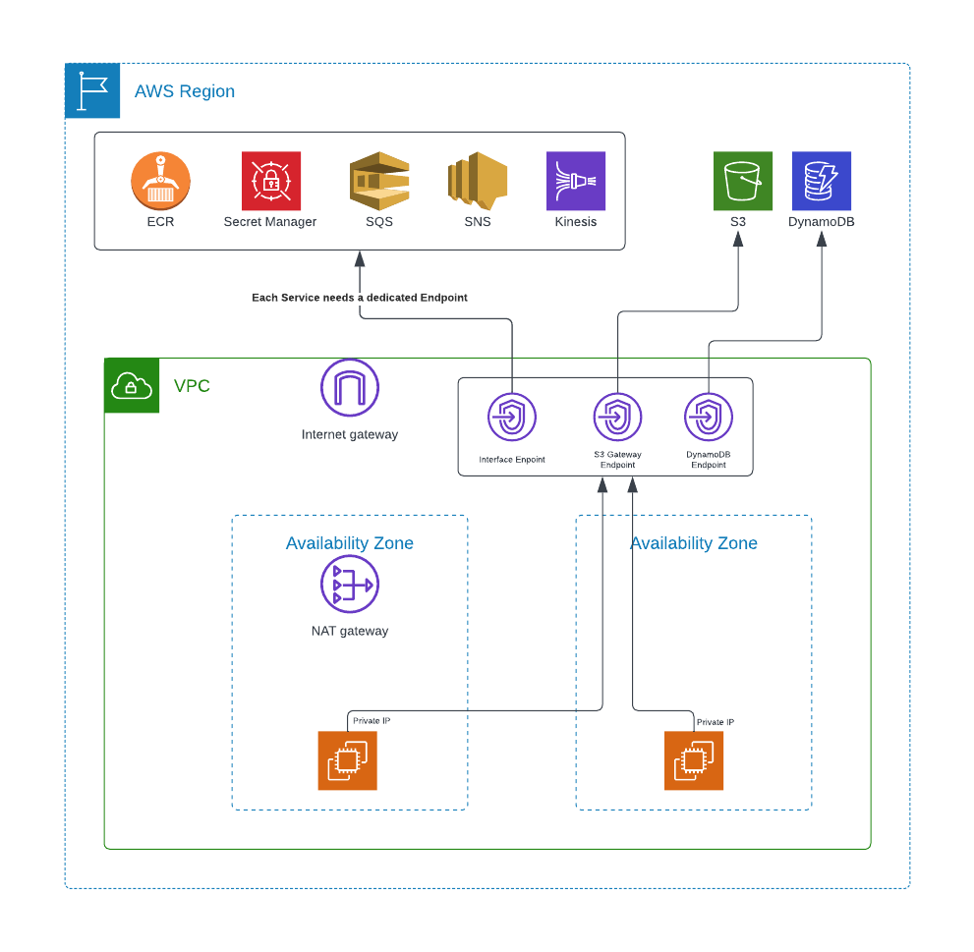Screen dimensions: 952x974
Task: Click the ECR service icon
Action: point(160,181)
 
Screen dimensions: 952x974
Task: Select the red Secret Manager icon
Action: point(270,181)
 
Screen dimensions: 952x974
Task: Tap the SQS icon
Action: point(379,181)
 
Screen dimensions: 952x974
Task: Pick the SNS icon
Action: point(478,181)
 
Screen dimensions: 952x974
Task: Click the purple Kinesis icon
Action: point(576,181)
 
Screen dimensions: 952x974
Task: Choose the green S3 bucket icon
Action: point(742,181)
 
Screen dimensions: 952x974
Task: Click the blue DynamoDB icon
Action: point(822,181)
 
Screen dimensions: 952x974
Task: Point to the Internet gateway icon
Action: point(350,388)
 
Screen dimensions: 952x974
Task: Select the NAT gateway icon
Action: point(350,585)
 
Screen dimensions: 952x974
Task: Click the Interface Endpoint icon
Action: point(512,418)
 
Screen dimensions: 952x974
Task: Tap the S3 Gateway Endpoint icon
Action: point(617,418)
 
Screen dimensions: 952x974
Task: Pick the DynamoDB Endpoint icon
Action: point(709,418)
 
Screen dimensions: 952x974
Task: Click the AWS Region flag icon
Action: point(92,90)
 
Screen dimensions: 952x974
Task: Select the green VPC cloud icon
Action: point(132,385)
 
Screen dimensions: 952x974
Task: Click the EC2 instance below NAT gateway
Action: point(347,760)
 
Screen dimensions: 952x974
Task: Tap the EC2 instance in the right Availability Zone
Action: point(694,760)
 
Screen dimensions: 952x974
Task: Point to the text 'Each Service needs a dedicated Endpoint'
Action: point(360,297)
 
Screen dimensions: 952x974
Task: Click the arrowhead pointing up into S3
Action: point(738,239)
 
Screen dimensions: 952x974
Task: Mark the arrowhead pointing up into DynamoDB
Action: point(822,239)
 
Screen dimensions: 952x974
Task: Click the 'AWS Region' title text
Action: point(185,91)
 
